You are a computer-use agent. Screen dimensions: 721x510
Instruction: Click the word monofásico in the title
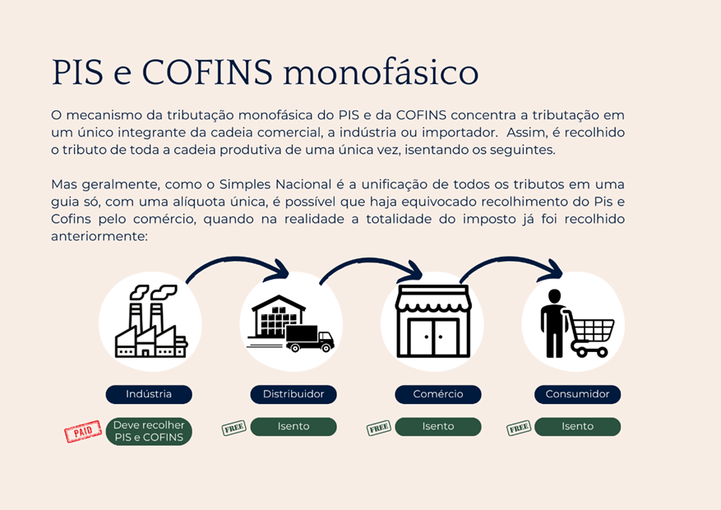(381, 72)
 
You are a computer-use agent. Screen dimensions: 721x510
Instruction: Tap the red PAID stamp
(83, 431)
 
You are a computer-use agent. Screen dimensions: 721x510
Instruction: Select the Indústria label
(149, 394)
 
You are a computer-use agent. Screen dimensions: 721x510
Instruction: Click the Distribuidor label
(293, 394)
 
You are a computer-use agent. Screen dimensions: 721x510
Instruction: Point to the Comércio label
(438, 394)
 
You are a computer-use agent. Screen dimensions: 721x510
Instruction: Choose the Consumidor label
(577, 394)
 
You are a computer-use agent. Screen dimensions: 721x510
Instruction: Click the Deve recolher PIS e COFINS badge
(149, 431)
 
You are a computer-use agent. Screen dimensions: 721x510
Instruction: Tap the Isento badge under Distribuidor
(293, 426)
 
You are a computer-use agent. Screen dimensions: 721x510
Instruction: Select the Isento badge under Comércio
(438, 426)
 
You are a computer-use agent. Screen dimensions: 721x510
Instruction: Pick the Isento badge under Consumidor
(577, 426)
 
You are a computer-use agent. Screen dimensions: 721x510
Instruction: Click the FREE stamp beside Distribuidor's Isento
(234, 428)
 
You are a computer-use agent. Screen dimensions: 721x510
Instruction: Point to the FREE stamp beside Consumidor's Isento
(519, 428)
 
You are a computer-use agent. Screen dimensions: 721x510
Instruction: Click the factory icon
(150, 321)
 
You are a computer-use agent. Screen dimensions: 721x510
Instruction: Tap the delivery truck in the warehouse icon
(310, 338)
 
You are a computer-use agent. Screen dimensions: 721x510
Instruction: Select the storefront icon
(433, 321)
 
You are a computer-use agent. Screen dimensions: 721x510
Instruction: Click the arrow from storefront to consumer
(511, 262)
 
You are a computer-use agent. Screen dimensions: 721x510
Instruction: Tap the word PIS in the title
(78, 72)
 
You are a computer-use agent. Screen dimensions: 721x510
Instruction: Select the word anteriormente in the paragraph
(99, 236)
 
